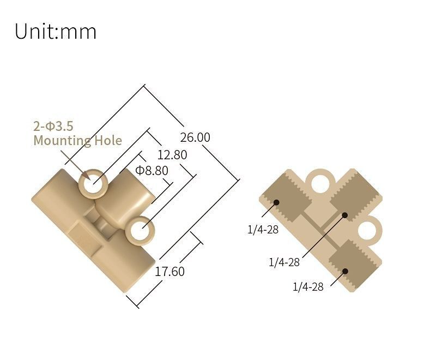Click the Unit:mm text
pos(55,31)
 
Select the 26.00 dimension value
pos(195,137)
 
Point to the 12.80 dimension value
pos(172,155)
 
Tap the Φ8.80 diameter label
pos(152,170)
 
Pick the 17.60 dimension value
pos(170,271)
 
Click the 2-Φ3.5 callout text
pos(53,127)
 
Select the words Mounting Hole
pos(77,141)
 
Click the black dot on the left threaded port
pos(276,202)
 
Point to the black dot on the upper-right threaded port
pos(345,215)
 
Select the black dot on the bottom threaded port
pos(345,271)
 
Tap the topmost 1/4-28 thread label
pos(263,230)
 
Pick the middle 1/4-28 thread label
pos(284,262)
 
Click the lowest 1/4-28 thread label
pos(308,287)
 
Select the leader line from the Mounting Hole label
pos(74,163)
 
